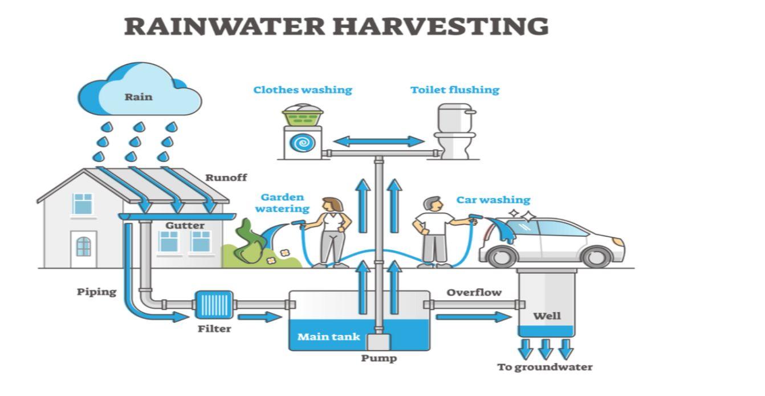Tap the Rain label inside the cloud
point(139,96)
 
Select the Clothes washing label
point(303,90)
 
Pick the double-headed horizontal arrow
point(379,141)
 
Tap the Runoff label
point(226,177)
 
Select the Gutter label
point(185,225)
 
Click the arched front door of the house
point(83,247)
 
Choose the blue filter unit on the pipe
point(214,305)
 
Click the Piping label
point(96,292)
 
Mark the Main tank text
point(329,337)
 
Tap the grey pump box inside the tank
point(379,342)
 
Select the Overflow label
point(474,292)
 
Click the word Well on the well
point(547,316)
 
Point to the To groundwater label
point(544,367)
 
